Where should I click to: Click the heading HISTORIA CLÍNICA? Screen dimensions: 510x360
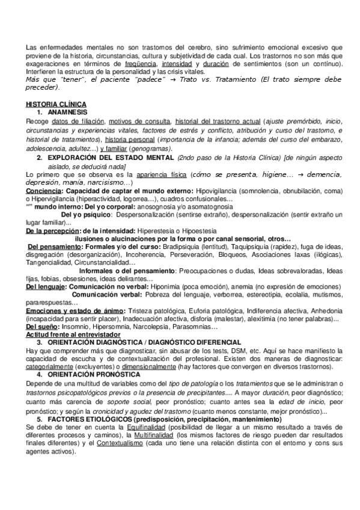pyautogui.click(x=55, y=104)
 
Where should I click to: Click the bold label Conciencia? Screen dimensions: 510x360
pyautogui.click(x=43, y=191)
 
